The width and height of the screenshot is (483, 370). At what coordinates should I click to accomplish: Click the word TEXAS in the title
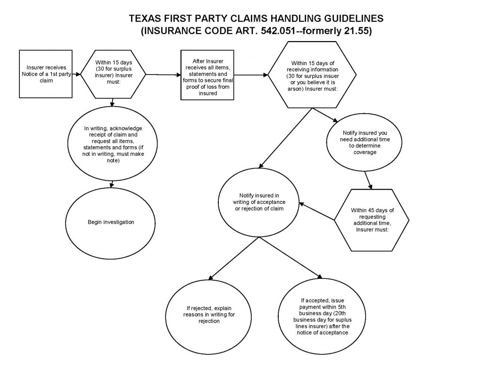pyautogui.click(x=145, y=18)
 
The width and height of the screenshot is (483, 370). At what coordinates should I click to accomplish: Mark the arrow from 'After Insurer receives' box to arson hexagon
pyautogui.click(x=251, y=75)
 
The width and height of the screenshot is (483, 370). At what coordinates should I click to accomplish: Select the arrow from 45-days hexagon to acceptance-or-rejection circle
pyautogui.click(x=317, y=211)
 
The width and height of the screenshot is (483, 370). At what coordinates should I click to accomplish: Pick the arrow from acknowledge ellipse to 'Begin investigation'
pyautogui.click(x=112, y=184)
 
